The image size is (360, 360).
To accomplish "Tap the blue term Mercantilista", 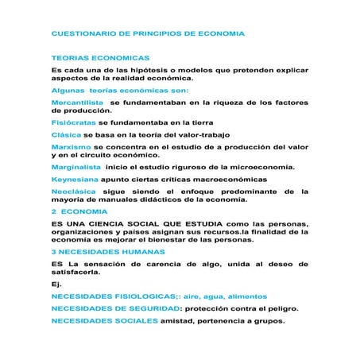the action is pyautogui.click(x=77, y=103).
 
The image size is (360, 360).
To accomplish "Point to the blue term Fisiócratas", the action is pyautogui.click(x=73, y=123).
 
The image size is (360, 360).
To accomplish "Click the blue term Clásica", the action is pyautogui.click(x=66, y=135).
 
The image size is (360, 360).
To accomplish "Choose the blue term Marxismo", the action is pyautogui.click(x=71, y=147).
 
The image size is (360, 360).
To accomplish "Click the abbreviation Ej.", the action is pyautogui.click(x=56, y=283).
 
